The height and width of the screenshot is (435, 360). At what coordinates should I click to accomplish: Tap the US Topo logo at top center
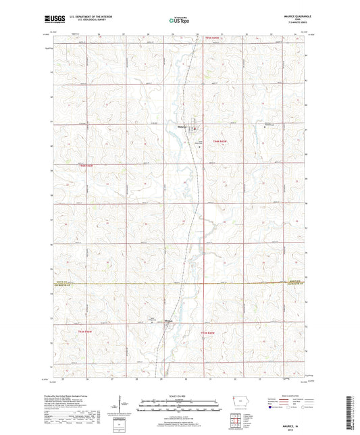click(x=180, y=21)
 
